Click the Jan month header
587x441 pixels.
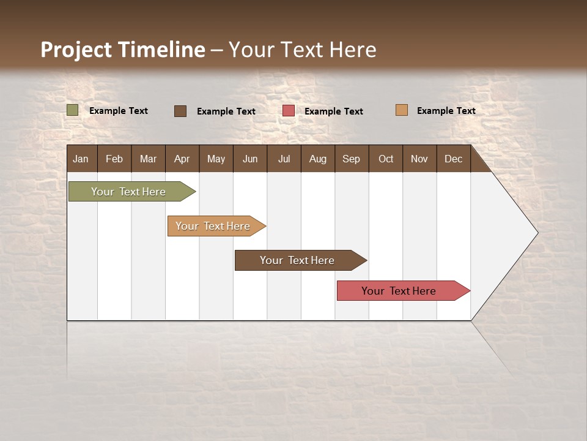tap(81, 159)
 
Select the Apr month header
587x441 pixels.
tap(182, 159)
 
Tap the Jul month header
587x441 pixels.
tap(284, 159)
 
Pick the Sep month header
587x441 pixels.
tap(351, 159)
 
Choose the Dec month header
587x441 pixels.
tap(453, 159)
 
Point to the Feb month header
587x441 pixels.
tap(114, 159)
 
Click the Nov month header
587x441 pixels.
tap(419, 159)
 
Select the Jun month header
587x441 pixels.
tap(249, 159)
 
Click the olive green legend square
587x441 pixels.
tap(73, 110)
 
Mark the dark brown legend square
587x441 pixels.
tap(180, 111)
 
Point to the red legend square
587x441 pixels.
tap(289, 111)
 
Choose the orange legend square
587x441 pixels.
tap(401, 110)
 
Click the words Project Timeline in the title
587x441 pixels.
tap(123, 50)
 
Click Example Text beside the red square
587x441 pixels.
tap(333, 111)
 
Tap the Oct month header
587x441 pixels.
tap(385, 159)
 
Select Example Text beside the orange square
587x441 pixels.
tap(446, 110)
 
